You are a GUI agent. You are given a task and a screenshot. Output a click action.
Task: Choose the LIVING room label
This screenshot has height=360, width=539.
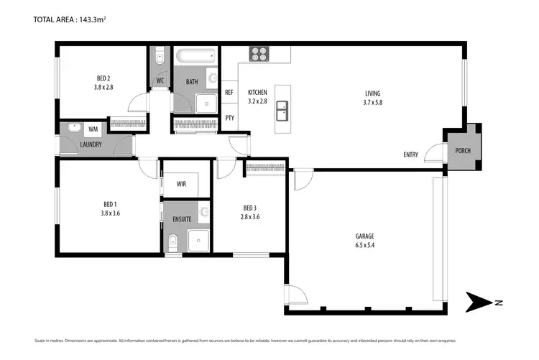click(372, 93)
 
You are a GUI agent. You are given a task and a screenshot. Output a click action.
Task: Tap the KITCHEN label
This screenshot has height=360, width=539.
click(257, 93)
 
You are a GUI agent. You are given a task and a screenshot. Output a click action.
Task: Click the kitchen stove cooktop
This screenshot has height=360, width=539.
click(259, 55)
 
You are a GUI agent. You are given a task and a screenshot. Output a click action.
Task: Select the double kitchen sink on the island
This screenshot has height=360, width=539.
click(282, 110)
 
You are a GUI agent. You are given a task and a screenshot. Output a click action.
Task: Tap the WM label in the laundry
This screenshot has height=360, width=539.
click(93, 129)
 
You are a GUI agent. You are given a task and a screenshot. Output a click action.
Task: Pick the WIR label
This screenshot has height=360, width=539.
click(182, 184)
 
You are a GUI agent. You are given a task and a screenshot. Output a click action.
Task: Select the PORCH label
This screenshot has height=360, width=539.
click(461, 151)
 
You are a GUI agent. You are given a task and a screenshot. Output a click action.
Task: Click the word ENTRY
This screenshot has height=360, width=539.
click(410, 154)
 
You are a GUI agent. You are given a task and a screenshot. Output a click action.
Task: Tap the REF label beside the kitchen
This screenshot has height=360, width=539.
click(229, 93)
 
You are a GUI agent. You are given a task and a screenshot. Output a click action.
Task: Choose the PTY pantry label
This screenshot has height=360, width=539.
click(229, 118)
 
